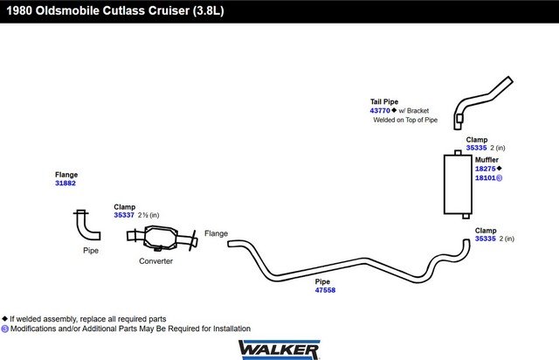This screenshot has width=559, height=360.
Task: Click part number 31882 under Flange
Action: [66, 183]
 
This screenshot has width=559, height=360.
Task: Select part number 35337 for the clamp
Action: [124, 215]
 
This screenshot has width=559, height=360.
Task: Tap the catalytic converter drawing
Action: [160, 238]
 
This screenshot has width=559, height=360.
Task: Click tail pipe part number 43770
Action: [380, 111]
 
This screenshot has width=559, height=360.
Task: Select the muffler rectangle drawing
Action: [457, 183]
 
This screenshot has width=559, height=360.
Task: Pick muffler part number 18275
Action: [485, 169]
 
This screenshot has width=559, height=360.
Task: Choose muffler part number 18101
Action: [485, 178]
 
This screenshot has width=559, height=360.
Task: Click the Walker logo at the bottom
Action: [279, 348]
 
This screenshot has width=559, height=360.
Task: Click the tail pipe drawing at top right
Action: [483, 100]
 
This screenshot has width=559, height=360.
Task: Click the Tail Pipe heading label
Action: [384, 102]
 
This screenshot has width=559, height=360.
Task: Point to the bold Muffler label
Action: [487, 160]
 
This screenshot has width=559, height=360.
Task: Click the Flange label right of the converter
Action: [216, 233]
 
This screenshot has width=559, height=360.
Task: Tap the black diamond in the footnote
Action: [4, 319]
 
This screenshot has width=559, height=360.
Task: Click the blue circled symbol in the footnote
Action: [4, 329]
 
